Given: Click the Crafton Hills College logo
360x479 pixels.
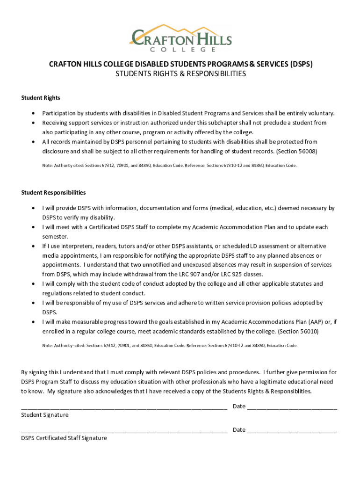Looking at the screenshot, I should point(180,37).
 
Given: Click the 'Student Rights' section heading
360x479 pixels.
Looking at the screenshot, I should point(41,98).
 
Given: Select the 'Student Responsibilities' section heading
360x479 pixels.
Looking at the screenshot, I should point(53,193).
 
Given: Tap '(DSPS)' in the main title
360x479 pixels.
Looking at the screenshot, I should point(301,64).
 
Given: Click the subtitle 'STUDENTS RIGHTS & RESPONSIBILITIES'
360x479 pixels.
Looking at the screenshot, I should point(180,74).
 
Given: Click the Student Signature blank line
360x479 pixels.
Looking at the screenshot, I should point(124,406).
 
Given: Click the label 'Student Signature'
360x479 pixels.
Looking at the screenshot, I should point(45,415).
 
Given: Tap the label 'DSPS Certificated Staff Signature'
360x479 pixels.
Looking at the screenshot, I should point(64,438).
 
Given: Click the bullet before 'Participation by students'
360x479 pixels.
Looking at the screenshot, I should point(33,114).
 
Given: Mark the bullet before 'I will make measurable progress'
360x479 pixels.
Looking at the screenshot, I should point(33,322).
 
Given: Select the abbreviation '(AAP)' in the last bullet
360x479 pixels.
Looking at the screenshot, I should point(315,322).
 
